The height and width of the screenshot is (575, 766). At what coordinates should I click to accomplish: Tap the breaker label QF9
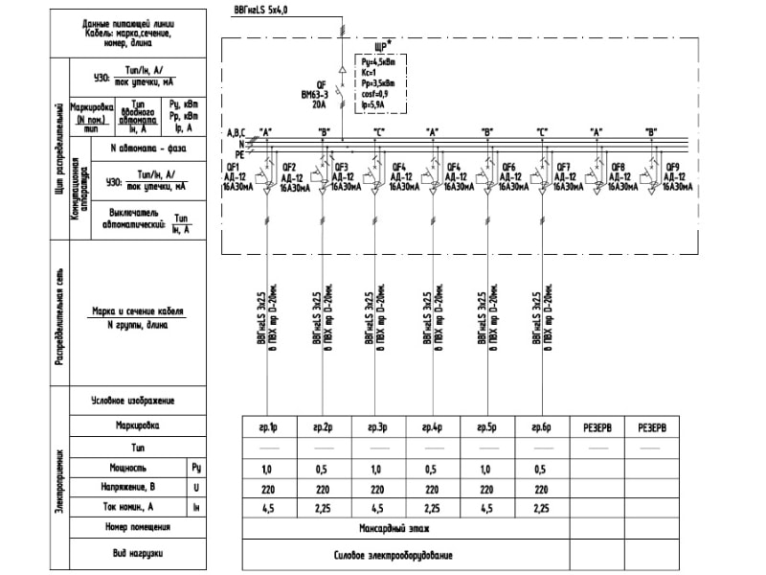point(673,167)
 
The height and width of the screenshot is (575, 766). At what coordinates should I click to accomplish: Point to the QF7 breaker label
point(564,167)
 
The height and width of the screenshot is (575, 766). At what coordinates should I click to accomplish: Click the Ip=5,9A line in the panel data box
point(374,104)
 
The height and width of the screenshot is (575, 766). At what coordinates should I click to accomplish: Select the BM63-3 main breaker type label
point(314,95)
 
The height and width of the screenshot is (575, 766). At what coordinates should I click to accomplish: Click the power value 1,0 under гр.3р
point(377,470)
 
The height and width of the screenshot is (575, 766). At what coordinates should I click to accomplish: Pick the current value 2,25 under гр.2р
point(322,508)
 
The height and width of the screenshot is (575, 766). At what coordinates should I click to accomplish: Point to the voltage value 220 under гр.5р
point(487,489)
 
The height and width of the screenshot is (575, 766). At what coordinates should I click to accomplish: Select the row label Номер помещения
point(137,527)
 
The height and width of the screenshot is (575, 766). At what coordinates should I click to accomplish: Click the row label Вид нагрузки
point(137,554)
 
